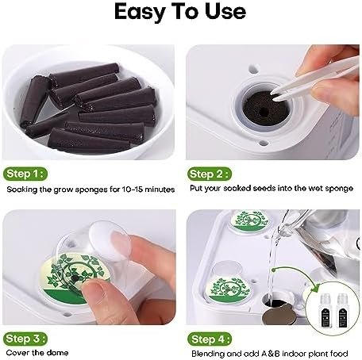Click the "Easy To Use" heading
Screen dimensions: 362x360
pyautogui.click(x=180, y=12)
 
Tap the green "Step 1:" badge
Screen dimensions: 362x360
pyautogui.click(x=25, y=174)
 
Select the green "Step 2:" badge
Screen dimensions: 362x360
pyautogui.click(x=210, y=174)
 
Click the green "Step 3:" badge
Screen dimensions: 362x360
pyautogui.click(x=25, y=339)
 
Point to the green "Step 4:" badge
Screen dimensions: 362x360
pyautogui.click(x=210, y=339)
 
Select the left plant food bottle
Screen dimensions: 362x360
pyautogui.click(x=326, y=311)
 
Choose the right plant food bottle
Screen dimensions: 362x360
pyautogui.click(x=342, y=311)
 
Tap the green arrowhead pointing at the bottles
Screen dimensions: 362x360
pyautogui.click(x=315, y=288)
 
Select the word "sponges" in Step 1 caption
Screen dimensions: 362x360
pyautogui.click(x=92, y=190)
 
